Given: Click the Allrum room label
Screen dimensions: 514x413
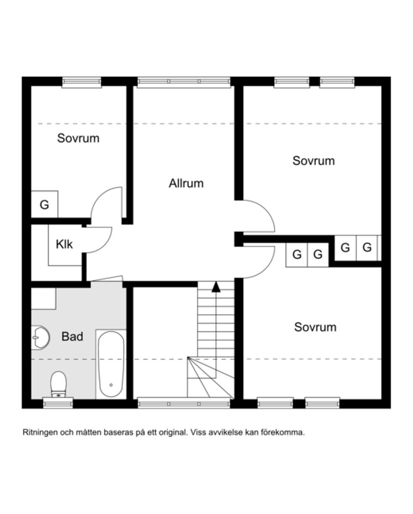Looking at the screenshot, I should point(186,184).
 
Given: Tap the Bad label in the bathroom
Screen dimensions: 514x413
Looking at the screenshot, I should point(72,336).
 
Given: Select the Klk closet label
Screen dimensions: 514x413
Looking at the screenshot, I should point(64,244).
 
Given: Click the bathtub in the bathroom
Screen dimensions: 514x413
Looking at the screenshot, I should point(111,364).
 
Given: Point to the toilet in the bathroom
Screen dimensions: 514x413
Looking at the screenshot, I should point(58,383).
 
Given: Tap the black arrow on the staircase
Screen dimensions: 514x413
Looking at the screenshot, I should point(216,287).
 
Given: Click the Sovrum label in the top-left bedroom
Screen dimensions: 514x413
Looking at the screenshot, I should point(78,138).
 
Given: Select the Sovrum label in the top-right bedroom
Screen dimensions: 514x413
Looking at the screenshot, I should point(313,161).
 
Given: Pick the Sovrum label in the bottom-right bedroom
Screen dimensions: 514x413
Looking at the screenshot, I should point(315,327).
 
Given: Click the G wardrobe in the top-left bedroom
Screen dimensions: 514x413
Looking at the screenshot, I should point(44,205).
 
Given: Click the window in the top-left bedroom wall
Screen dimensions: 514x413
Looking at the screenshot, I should point(81,82).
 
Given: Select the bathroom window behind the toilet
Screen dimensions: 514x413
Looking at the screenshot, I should point(58,403).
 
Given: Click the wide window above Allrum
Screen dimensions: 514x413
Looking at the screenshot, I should point(184,82).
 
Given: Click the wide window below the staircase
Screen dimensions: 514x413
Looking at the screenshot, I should point(184,404).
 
